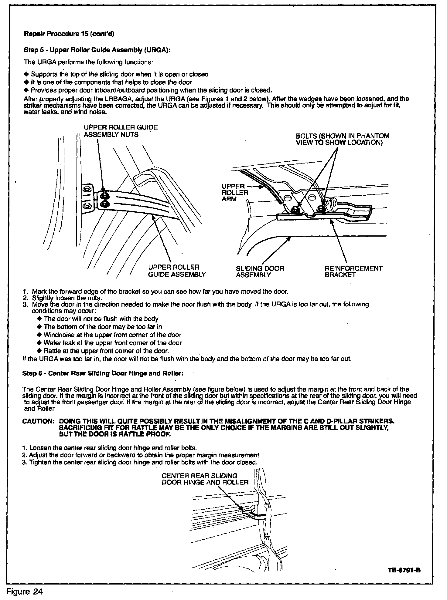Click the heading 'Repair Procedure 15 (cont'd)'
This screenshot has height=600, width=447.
(x=69, y=34)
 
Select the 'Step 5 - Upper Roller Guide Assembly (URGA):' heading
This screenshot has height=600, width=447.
(x=97, y=50)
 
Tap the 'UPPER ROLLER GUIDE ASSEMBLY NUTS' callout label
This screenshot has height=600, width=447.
(x=121, y=131)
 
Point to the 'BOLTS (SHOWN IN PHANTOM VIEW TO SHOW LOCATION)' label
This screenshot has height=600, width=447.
(x=343, y=139)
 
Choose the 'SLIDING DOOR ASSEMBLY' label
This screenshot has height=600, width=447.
(x=260, y=272)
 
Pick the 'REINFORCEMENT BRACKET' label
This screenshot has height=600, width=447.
(x=353, y=271)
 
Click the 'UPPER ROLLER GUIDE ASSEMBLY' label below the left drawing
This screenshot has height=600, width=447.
(x=177, y=271)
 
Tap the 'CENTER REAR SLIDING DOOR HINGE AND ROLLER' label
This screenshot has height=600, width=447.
(x=205, y=479)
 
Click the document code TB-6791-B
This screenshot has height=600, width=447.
(x=404, y=570)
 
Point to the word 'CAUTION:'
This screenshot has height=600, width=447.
(x=39, y=421)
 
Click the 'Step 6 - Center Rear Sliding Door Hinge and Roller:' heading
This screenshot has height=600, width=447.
(x=103, y=373)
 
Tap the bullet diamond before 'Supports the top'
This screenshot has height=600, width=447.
(x=26, y=74)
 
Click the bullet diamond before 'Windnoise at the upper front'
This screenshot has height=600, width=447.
(x=39, y=335)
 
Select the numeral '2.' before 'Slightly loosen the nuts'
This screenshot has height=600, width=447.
(x=26, y=298)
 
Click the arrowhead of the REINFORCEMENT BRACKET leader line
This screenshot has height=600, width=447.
(x=331, y=221)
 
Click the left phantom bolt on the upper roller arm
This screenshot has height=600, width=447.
(x=294, y=209)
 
